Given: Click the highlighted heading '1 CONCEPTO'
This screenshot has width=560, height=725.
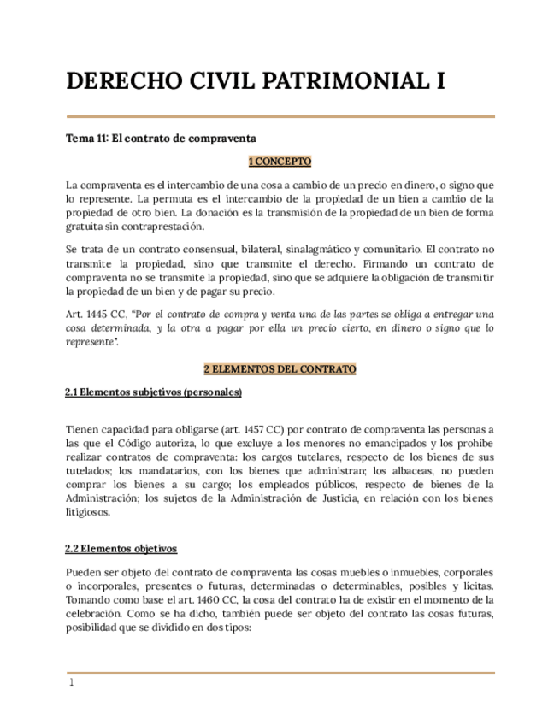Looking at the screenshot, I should [280, 161].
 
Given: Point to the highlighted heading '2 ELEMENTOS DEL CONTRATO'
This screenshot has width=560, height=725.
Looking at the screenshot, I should [280, 369].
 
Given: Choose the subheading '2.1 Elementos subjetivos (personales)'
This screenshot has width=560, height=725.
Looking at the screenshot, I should [154, 392].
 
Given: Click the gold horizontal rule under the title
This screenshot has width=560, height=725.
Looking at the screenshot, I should [280, 116].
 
